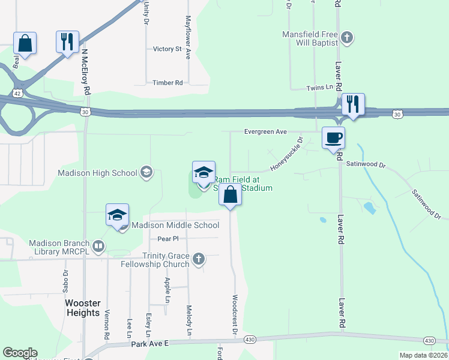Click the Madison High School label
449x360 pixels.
(97, 173)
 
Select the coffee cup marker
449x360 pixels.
(333, 137)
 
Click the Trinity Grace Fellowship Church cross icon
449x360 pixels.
(199, 260)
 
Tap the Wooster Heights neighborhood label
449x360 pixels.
(83, 308)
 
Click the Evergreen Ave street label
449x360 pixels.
(265, 131)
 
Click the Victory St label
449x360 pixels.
(167, 49)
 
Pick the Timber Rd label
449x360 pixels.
(167, 83)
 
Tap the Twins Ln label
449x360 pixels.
(319, 88)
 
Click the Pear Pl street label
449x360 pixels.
(164, 238)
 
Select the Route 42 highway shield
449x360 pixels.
(17, 94)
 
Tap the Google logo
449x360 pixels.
(20, 353)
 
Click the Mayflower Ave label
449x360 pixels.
(188, 37)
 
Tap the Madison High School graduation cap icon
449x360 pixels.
(146, 173)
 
